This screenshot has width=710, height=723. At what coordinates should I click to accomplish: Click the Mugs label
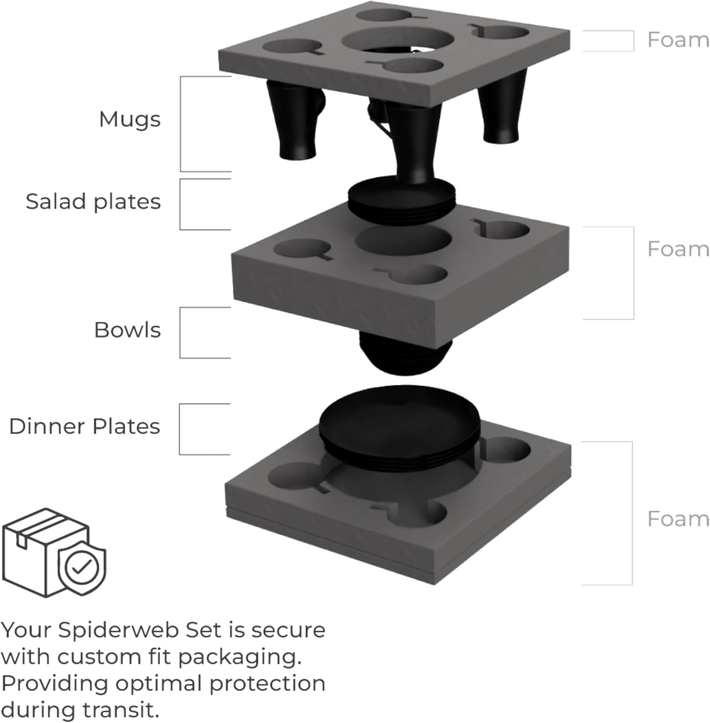129,119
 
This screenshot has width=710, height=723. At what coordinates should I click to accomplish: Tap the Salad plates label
93,201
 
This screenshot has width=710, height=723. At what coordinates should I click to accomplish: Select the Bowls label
127,330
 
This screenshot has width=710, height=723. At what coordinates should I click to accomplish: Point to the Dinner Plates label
84,427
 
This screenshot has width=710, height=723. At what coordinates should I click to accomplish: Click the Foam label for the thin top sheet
678,40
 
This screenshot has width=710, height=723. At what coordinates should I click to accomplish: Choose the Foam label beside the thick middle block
678,249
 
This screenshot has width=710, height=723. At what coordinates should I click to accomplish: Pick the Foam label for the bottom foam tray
678,519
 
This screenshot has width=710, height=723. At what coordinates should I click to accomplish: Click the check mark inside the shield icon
82,567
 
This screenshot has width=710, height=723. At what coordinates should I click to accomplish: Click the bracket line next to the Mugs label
181,123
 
